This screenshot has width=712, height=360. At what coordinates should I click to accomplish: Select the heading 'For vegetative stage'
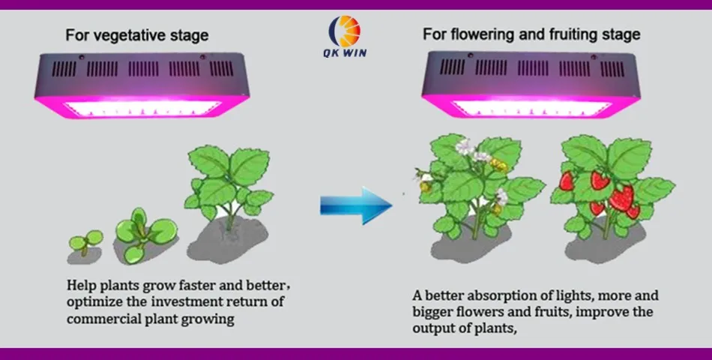(137, 35)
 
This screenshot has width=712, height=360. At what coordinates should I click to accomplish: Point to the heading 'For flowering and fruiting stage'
(531, 34)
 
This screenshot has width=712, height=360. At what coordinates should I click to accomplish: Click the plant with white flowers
(472, 187)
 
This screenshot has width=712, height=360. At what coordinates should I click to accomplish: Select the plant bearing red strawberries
(610, 187)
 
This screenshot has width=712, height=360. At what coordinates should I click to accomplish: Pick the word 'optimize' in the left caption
(91, 302)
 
